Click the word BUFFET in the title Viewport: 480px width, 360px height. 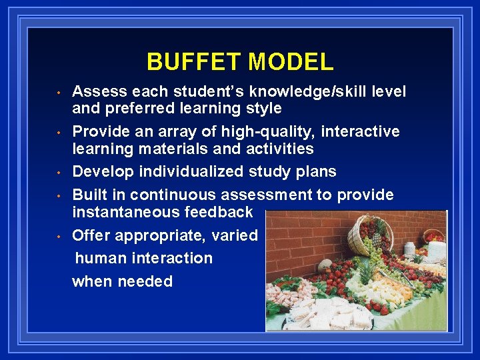coord(194,62)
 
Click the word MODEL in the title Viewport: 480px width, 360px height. coord(291,62)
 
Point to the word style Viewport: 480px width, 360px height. coord(263,108)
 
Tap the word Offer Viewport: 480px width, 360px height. coord(90,235)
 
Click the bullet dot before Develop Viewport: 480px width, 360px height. coord(59,172)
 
